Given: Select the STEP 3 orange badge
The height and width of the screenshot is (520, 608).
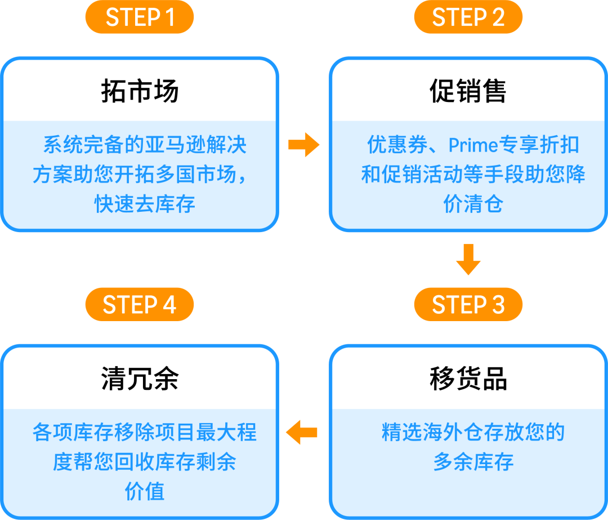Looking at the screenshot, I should click(x=468, y=305).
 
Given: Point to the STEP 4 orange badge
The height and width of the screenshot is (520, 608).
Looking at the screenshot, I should click(x=140, y=305).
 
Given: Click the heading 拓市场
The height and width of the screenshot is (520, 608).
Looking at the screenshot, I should click(x=140, y=91).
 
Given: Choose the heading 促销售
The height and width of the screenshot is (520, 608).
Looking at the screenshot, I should click(x=468, y=91).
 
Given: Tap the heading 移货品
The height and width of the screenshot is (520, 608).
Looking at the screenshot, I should click(x=468, y=379).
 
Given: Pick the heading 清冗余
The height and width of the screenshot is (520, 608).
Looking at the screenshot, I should click(x=140, y=379).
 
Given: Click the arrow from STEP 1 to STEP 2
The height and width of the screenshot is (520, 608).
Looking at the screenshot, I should click(x=303, y=145).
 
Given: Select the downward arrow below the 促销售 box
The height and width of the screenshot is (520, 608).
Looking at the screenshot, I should click(x=468, y=259).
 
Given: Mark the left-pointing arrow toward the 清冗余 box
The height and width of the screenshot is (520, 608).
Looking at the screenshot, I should click(x=302, y=433).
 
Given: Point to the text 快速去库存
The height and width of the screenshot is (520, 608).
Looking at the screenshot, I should click(x=145, y=203).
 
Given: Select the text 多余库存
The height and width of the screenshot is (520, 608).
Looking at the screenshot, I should click(x=473, y=462).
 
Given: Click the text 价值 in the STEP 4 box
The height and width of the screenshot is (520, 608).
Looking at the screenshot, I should click(x=145, y=491).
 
